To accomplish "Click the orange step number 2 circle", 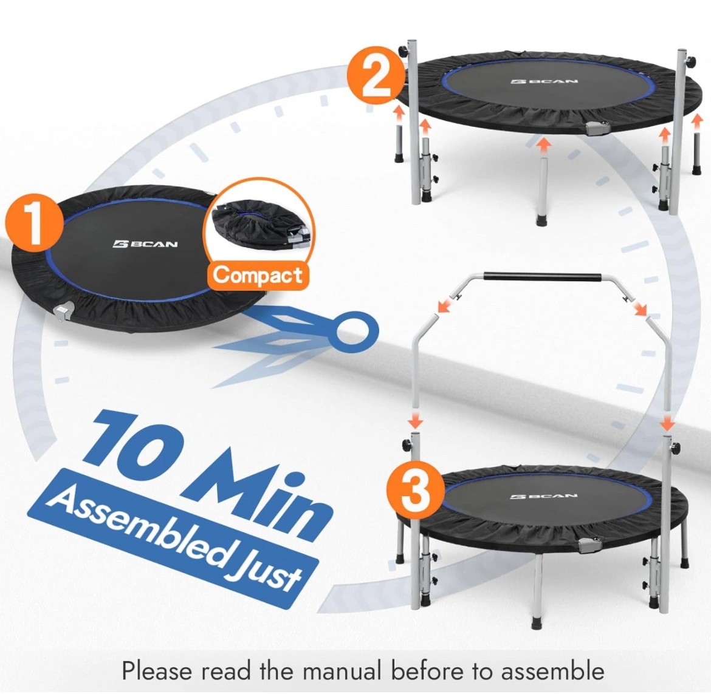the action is point(376,76).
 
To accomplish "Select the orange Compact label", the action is point(258,276).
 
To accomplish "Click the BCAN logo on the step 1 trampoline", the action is point(145,245).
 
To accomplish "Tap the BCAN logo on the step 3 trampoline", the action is point(544,496).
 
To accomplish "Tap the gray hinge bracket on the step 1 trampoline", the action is point(62,311).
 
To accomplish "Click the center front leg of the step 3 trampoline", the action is point(538,591).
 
